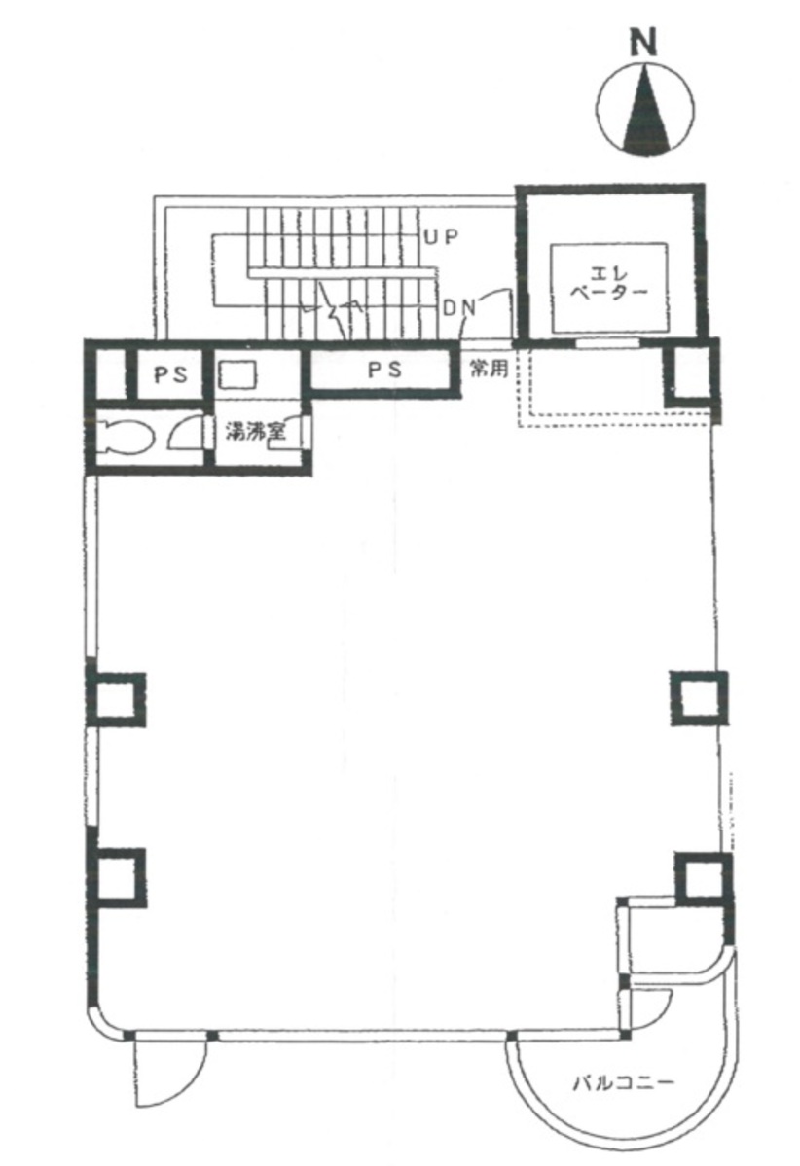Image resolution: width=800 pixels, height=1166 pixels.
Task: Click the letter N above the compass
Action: click(x=643, y=45)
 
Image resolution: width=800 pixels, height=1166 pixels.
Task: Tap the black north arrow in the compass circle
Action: click(x=643, y=112)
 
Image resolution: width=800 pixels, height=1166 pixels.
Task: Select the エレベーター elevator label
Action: click(x=609, y=283)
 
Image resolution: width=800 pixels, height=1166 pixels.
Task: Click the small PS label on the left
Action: click(x=170, y=374)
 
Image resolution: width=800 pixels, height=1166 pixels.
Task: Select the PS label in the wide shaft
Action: click(x=383, y=371)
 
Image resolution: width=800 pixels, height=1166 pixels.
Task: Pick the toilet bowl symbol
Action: click(x=126, y=441)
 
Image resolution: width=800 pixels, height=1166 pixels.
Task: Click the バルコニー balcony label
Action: click(x=623, y=1080)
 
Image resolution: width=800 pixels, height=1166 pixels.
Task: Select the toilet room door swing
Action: click(x=185, y=433)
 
